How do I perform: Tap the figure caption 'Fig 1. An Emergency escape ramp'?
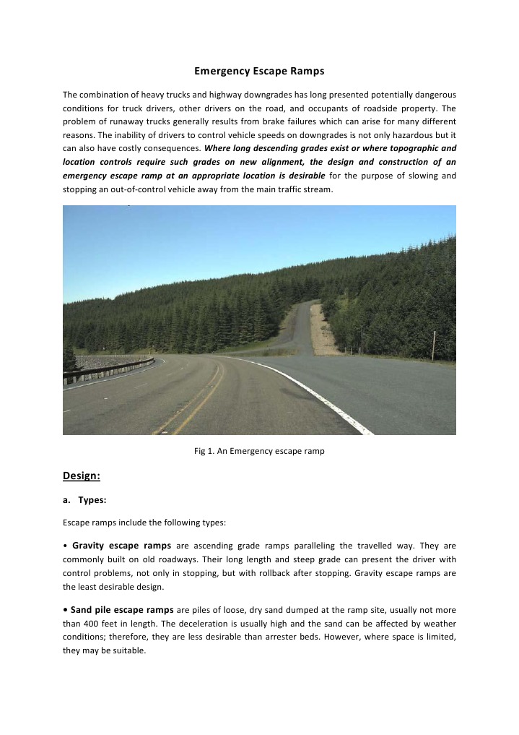tap(259, 451)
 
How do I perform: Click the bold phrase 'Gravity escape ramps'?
tap(121, 544)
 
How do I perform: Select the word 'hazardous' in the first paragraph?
tap(412, 134)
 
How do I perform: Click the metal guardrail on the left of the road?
tap(108, 368)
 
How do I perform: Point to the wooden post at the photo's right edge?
tap(433, 345)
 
